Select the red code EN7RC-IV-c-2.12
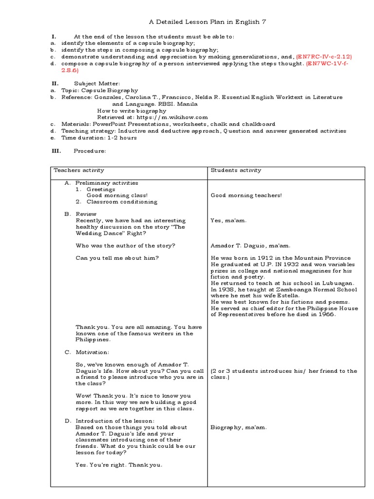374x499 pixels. point(324,57)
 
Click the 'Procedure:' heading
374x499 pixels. point(89,151)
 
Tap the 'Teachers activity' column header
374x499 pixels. point(79,170)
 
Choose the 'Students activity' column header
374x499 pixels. point(236,170)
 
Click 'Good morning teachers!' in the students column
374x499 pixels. point(246,195)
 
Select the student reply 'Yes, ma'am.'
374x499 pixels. point(228,220)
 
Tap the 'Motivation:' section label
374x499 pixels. point(93,352)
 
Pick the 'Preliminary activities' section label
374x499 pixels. point(107,183)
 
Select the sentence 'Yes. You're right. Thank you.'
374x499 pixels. point(118,464)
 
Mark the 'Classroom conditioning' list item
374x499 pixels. point(122,202)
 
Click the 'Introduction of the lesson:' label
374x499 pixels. point(115,421)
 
